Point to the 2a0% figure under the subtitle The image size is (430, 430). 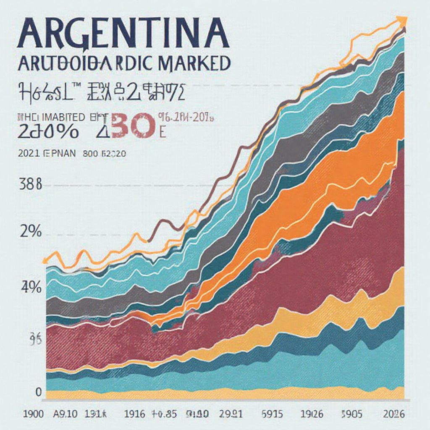click(48, 132)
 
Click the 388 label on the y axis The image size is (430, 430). click(30, 185)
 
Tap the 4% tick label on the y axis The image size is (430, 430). click(30, 288)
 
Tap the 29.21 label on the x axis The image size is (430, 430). click(231, 414)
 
